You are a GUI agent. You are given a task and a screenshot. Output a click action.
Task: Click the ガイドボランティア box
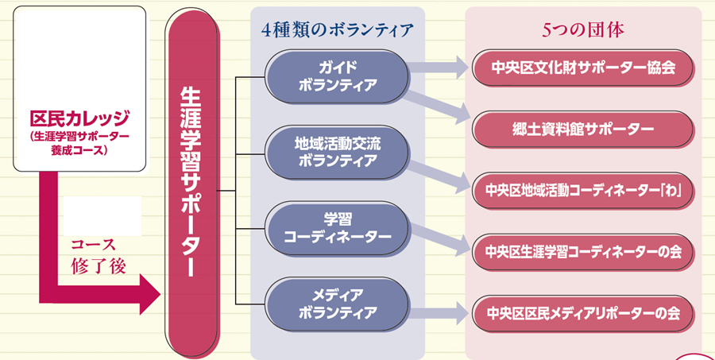(x=337, y=75)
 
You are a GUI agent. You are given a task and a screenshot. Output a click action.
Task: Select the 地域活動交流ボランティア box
(x=337, y=152)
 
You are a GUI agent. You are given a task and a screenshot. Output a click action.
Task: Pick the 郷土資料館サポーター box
(x=583, y=128)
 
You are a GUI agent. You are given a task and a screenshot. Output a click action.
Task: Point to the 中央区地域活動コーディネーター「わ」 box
(x=583, y=190)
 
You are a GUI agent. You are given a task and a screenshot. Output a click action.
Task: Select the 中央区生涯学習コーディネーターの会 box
(x=583, y=251)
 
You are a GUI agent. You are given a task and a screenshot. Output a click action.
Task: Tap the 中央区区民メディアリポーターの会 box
(x=583, y=312)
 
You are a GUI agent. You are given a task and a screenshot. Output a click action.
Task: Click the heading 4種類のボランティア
(x=338, y=30)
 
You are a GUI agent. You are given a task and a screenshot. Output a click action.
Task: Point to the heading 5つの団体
(x=583, y=30)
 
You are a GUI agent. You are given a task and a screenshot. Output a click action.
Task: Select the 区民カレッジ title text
(x=79, y=120)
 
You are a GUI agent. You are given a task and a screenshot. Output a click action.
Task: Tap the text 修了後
(x=99, y=265)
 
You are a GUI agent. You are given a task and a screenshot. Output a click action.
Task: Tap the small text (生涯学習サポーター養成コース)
(x=79, y=142)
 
